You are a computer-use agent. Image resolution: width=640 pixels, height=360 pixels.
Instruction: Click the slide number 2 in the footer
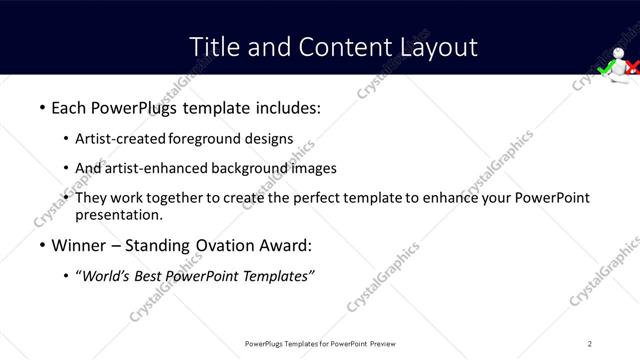tap(590, 343)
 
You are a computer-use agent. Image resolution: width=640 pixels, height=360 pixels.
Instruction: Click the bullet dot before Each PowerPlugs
tap(41, 107)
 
